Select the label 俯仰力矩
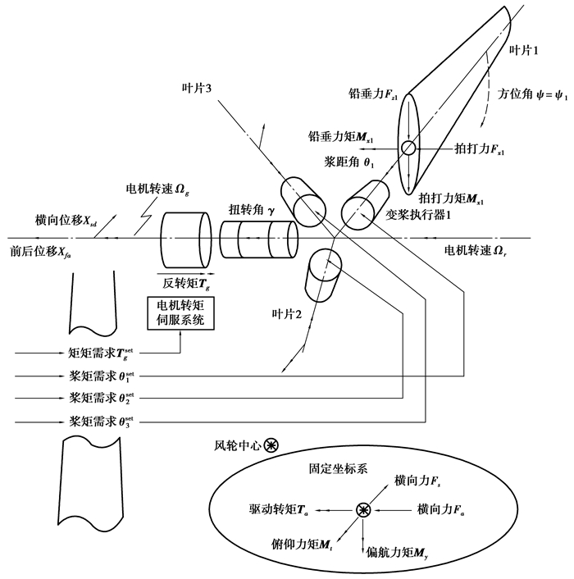298,543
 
